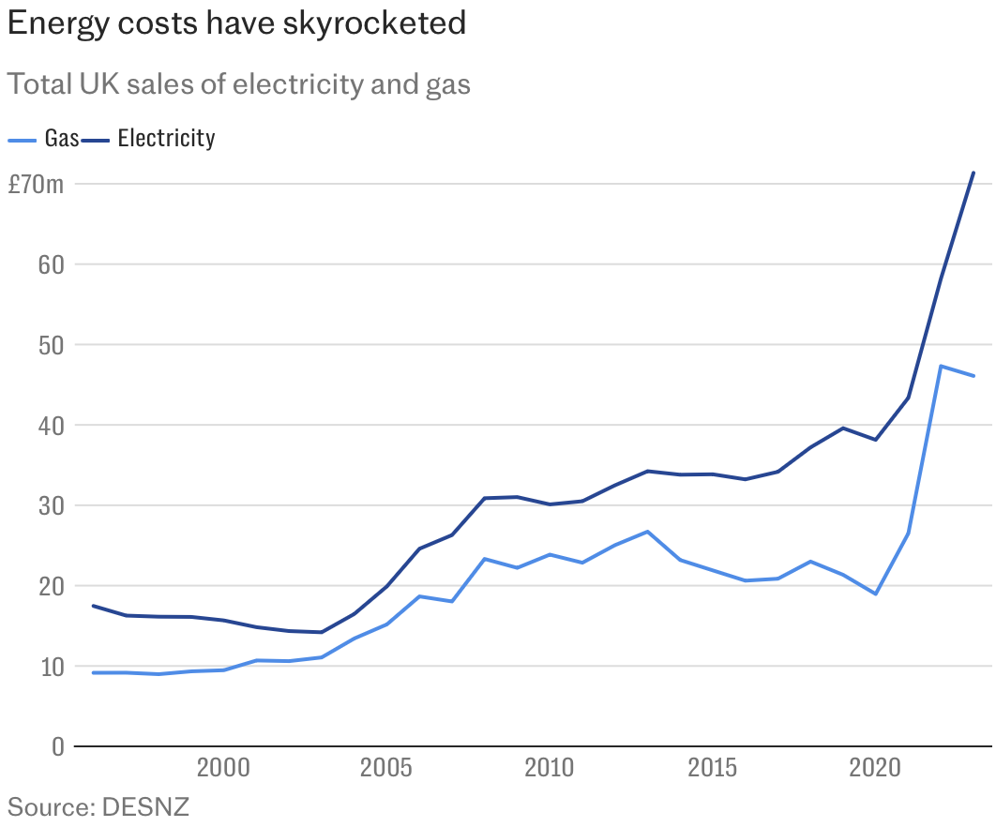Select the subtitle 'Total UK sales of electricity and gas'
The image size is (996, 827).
[x=238, y=84]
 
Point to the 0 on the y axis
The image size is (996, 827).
[x=57, y=747]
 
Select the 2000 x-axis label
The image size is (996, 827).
[x=223, y=769]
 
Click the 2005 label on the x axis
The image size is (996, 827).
[x=386, y=769]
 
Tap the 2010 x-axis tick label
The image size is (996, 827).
[x=549, y=769]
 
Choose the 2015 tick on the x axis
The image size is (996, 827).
[x=712, y=769]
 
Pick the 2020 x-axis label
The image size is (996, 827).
[x=875, y=769]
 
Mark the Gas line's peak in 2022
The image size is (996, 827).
[x=941, y=366]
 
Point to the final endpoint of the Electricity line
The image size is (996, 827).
[x=973, y=173]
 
